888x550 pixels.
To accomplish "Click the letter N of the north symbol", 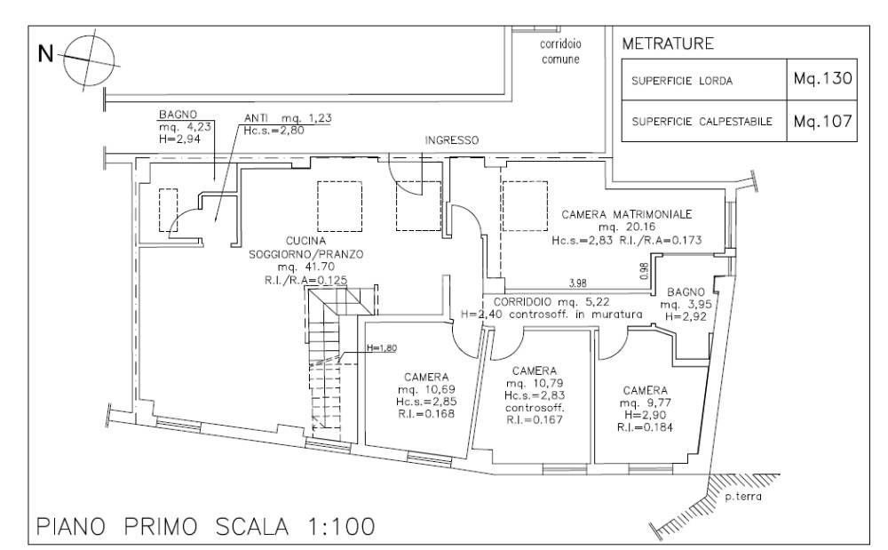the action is click(x=45, y=54).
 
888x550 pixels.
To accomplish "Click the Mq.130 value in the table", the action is click(x=822, y=78).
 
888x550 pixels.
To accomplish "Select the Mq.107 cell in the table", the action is click(x=822, y=121).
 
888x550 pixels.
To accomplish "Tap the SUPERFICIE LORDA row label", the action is click(x=682, y=81).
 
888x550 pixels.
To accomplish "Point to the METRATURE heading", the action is click(x=668, y=44).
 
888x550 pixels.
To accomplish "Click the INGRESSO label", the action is click(x=452, y=139).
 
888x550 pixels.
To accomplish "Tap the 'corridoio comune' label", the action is click(x=560, y=52).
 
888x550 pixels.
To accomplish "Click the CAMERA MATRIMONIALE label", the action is click(x=626, y=214).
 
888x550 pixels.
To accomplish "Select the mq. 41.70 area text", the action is click(x=305, y=267).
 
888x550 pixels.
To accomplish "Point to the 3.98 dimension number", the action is click(x=578, y=283).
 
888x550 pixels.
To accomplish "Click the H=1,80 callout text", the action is click(x=382, y=347).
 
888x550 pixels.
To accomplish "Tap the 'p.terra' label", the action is click(x=743, y=498).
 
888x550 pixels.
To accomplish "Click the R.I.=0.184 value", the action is click(x=645, y=427).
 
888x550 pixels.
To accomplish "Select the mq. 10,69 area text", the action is click(x=426, y=389).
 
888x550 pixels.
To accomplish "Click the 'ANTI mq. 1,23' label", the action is click(x=288, y=118).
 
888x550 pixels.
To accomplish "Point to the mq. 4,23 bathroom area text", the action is click(x=186, y=127).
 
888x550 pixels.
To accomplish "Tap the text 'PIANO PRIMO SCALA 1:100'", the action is click(x=206, y=527).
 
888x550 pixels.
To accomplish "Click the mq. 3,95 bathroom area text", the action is click(x=686, y=305).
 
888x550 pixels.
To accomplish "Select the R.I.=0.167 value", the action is click(x=534, y=419).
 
